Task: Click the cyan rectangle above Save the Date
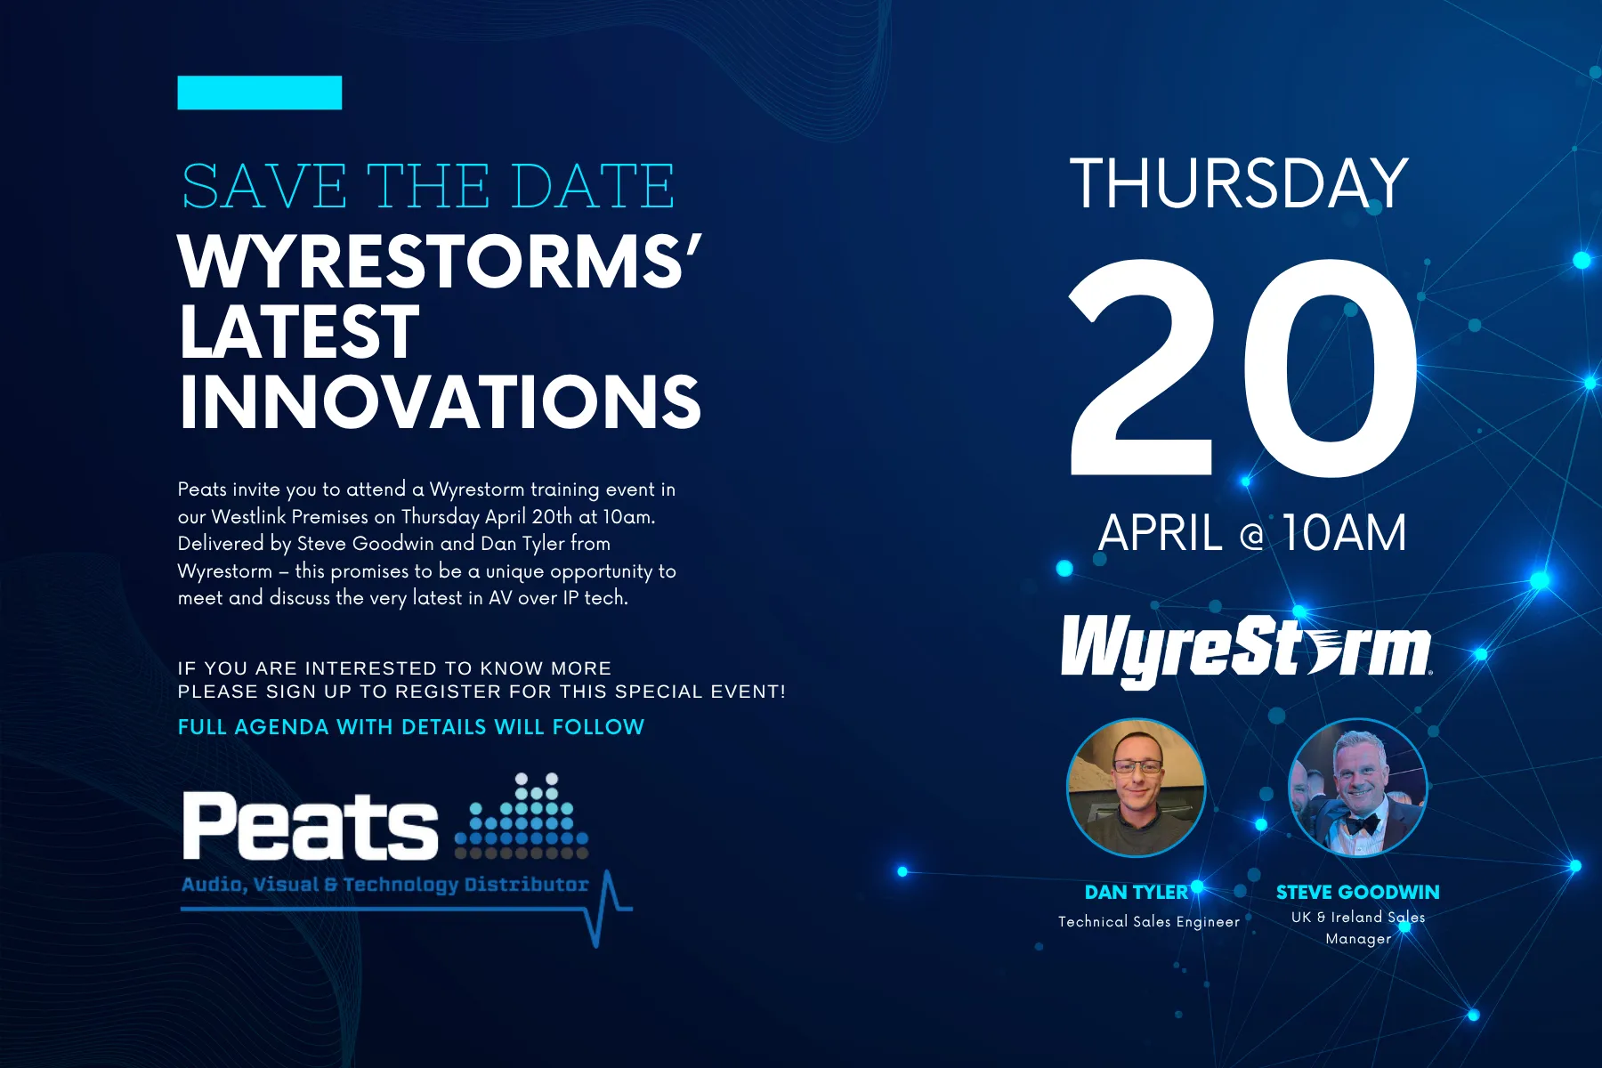click(260, 93)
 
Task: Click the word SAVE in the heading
click(264, 187)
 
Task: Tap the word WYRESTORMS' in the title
click(440, 263)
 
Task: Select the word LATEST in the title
click(299, 331)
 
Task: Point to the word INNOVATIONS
click(441, 401)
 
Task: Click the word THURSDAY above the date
click(1239, 183)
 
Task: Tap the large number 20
click(1243, 368)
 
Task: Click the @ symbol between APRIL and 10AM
click(1251, 536)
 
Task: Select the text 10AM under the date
click(1344, 533)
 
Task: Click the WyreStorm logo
click(1246, 650)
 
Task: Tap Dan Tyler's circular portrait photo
click(1136, 788)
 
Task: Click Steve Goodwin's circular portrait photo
click(1358, 788)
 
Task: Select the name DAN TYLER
click(1137, 892)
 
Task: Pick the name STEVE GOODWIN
click(1358, 892)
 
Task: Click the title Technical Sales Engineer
click(1149, 922)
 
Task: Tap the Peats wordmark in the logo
click(310, 826)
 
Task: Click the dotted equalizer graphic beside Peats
click(522, 816)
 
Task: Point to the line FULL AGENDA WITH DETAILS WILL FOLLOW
click(411, 727)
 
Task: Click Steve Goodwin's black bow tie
click(1362, 824)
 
